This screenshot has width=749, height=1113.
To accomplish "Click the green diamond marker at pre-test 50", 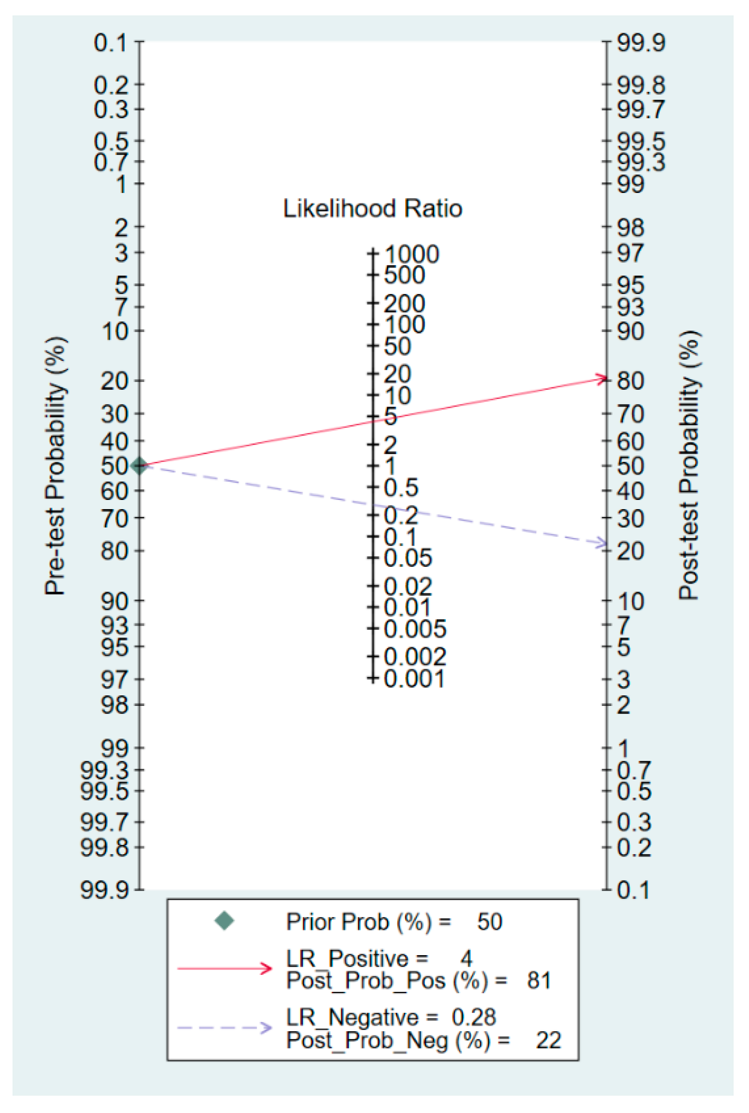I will coord(139,465).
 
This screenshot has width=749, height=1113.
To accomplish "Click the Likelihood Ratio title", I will coord(372,209).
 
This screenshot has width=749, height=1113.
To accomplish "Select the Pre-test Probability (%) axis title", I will coord(55,465).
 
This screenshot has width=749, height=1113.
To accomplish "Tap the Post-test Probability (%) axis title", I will coord(688,465).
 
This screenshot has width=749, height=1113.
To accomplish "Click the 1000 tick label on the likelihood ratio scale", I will coord(411,254).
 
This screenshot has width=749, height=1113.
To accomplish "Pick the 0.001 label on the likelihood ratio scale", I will coord(414,678).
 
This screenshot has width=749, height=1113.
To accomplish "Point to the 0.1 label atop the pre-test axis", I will coord(110,43).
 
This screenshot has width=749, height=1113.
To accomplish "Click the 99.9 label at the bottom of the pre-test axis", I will coord(104,890).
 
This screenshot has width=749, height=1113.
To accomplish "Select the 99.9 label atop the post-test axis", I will coord(641,43).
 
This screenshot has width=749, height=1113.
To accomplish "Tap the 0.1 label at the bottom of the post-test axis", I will coord(633,890).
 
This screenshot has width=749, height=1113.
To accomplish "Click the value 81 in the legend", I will coord(539,980).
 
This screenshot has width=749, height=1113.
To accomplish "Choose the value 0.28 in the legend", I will coord(473,1017).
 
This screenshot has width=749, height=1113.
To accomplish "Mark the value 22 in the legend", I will coord(548,1040).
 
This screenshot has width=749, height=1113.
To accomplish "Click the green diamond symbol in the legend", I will coord(224,921).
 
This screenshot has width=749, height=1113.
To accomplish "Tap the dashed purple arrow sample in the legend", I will coord(225,1028).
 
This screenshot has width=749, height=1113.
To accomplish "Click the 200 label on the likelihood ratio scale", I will coord(404,304).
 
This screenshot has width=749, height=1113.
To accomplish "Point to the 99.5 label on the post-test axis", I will coord(641,141).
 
